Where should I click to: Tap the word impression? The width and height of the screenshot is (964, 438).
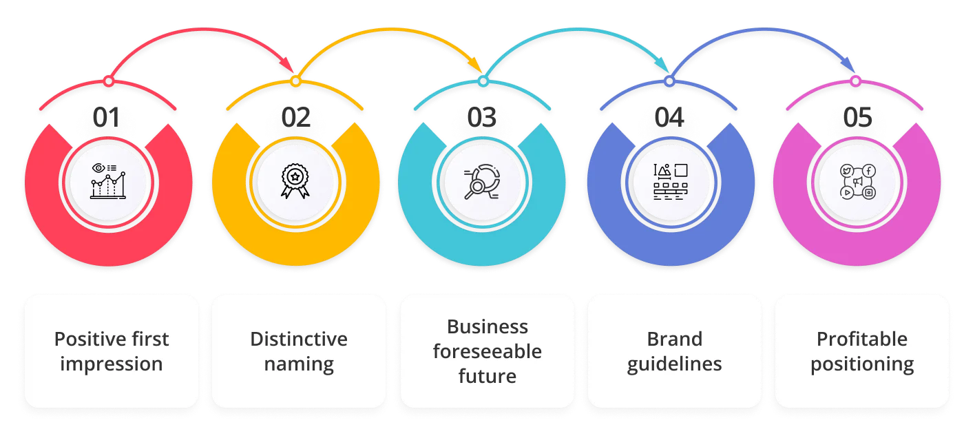click(112, 364)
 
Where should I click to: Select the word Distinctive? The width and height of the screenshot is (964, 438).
click(298, 339)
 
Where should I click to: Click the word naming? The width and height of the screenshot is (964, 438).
click(298, 364)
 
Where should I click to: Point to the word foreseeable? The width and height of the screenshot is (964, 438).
click(487, 351)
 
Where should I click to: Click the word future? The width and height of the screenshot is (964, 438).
click(487, 377)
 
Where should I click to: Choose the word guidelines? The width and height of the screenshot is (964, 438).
click(674, 364)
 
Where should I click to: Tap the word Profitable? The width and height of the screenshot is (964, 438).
click(861, 339)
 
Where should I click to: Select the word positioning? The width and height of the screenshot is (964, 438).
click(861, 364)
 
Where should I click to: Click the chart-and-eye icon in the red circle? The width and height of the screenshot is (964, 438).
click(108, 181)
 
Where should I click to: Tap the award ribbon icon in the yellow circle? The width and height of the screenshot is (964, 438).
click(295, 181)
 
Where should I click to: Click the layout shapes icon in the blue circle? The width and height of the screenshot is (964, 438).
click(670, 181)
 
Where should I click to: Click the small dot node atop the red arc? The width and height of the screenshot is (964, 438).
click(108, 82)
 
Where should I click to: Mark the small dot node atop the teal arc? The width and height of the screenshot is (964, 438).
click(483, 82)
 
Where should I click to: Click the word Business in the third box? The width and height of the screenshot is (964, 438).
click(487, 326)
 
